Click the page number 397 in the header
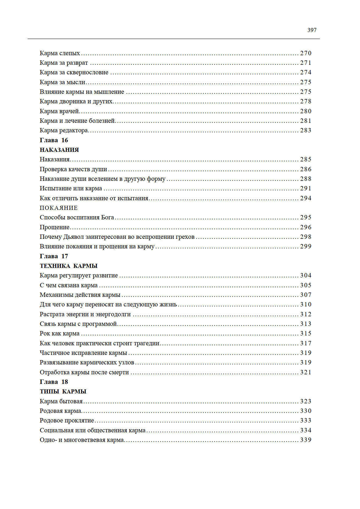(312, 30)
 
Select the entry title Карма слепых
(60, 53)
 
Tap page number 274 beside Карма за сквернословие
(306, 72)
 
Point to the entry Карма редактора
(64, 130)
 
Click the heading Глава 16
(54, 140)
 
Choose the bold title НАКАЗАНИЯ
(59, 150)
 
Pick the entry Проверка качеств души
(73, 169)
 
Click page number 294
(306, 198)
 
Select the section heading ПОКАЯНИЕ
(59, 208)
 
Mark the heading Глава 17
(54, 256)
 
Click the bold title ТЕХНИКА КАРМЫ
(68, 266)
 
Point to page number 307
(306, 295)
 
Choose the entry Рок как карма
(59, 333)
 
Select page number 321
(306, 372)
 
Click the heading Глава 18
(54, 382)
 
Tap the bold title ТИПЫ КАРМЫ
(63, 391)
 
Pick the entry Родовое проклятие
(67, 420)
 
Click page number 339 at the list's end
(306, 440)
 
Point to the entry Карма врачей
(59, 111)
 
